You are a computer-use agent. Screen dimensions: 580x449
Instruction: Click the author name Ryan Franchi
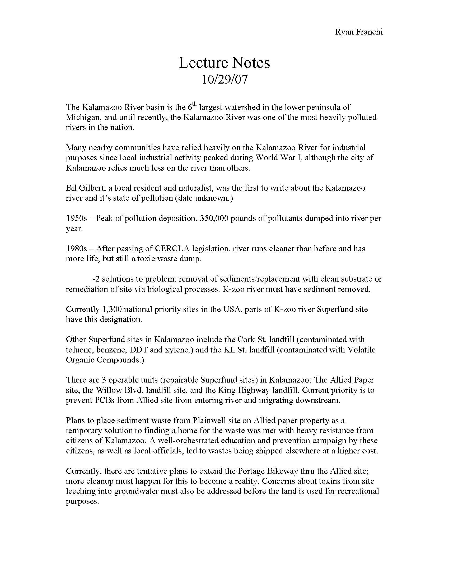tap(359, 32)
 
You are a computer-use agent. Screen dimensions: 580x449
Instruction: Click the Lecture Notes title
tap(224, 63)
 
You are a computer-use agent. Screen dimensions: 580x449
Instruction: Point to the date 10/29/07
tap(224, 79)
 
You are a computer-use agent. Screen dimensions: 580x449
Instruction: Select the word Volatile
tap(362, 350)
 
